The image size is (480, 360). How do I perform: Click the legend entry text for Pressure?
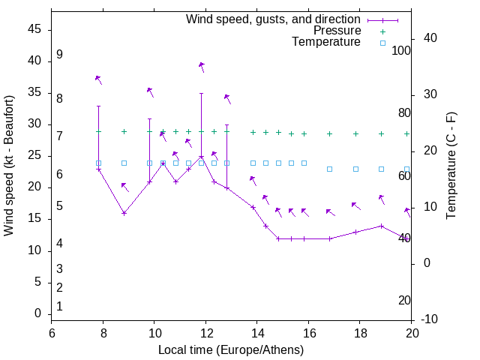coord(337,31)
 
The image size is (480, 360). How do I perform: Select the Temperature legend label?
coord(326,42)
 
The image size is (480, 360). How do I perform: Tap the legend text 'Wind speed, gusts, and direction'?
coord(274,19)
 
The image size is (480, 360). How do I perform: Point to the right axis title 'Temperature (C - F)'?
coord(451,166)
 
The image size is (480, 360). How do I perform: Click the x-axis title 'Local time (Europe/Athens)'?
coord(231,350)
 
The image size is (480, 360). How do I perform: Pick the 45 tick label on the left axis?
coord(34,29)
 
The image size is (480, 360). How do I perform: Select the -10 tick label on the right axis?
coord(430,319)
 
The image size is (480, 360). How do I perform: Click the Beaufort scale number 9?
coord(59,55)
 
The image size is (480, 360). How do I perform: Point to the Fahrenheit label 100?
coord(402,51)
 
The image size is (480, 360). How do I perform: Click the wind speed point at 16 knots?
coord(124,213)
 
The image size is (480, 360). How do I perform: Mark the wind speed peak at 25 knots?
coord(201,156)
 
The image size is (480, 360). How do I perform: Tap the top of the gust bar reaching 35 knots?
coord(201,93)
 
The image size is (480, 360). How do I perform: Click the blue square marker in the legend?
coord(382,43)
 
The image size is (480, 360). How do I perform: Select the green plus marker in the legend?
coord(382,31)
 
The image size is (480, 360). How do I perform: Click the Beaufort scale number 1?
coord(59,306)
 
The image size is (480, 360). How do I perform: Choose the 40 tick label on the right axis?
coord(430,38)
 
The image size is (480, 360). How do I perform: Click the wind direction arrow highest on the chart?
coord(201,66)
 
